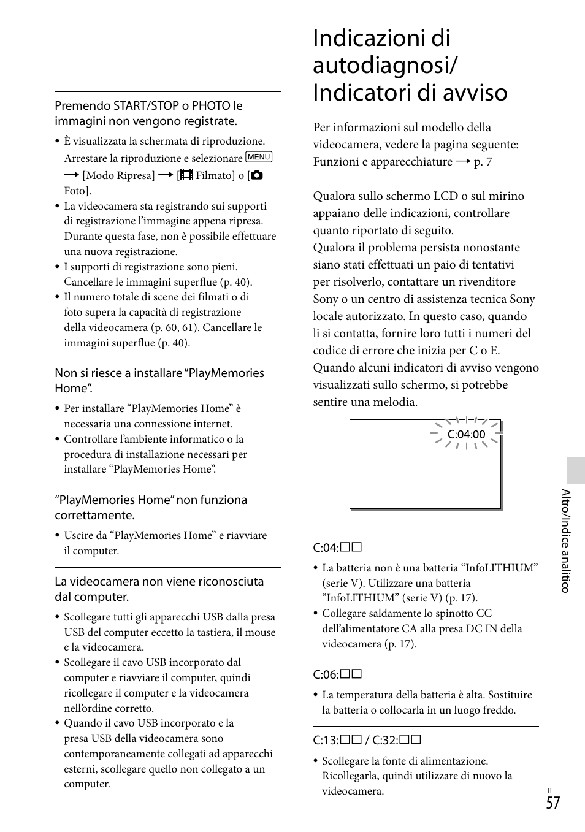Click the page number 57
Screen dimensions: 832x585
click(x=552, y=803)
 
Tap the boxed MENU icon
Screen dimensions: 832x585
click(x=258, y=158)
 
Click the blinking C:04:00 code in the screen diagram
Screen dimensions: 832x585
click(x=466, y=435)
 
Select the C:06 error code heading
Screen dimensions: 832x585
click(x=337, y=674)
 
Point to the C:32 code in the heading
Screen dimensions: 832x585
click(x=396, y=740)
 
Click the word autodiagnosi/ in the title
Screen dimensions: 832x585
click(x=386, y=65)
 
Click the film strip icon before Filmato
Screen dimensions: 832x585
click(x=186, y=175)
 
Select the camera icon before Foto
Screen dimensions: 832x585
click(x=256, y=175)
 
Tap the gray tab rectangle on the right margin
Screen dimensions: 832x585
click(x=575, y=470)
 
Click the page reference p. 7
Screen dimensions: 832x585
click(x=483, y=162)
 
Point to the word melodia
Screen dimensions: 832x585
click(x=395, y=402)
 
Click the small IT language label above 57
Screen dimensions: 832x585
click(x=551, y=791)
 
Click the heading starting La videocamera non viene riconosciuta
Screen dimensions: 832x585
click(x=159, y=589)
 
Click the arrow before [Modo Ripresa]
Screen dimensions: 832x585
click(x=72, y=175)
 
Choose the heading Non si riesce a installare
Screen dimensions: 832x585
click(x=159, y=380)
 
